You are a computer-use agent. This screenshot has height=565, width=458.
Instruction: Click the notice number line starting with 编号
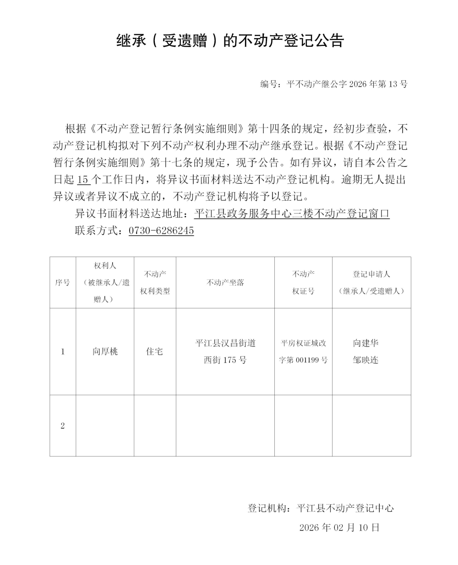click(333, 84)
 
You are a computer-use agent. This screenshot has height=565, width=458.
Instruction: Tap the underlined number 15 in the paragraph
click(83, 180)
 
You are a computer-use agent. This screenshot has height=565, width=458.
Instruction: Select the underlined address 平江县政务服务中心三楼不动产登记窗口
click(292, 214)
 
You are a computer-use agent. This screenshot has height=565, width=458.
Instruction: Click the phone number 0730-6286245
click(161, 230)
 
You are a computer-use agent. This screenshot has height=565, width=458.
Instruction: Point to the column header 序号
click(63, 283)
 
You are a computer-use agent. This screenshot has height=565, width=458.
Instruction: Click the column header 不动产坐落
click(225, 283)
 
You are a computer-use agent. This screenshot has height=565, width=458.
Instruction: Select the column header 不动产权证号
click(303, 283)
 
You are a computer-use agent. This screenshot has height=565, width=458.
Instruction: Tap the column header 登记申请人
click(371, 274)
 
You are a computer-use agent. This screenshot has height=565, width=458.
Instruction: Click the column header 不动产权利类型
click(155, 283)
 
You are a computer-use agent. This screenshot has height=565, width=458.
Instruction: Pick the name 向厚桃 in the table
click(105, 351)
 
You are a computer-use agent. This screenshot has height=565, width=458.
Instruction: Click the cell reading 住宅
click(155, 351)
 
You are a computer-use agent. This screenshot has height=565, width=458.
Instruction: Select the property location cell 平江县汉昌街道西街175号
click(225, 351)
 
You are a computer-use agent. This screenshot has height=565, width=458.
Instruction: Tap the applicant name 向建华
click(365, 343)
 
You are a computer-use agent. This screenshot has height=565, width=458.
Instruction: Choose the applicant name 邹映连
click(365, 360)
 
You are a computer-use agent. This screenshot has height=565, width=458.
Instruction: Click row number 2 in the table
click(63, 426)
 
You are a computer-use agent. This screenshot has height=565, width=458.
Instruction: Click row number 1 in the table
click(63, 351)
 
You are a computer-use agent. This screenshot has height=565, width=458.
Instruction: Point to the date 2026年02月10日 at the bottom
click(339, 527)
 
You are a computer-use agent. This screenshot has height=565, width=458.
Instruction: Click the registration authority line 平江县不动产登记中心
click(321, 508)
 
